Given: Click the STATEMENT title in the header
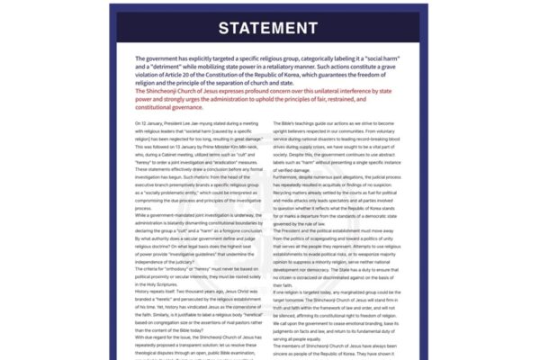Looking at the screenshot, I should tap(269, 28).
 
